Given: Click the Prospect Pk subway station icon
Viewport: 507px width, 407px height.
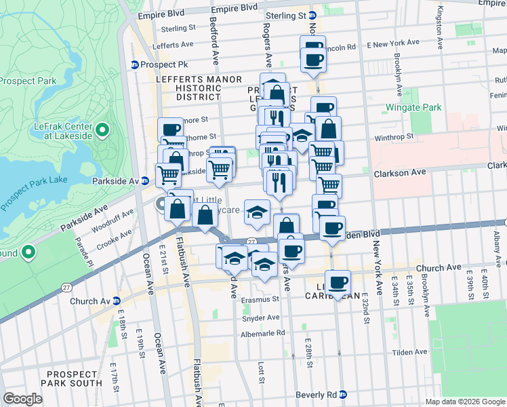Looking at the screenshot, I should coord(135,65).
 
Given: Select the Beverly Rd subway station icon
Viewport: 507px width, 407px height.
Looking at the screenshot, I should coord(343,394).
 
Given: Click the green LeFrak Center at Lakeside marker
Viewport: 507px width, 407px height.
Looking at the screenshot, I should coord(102,129).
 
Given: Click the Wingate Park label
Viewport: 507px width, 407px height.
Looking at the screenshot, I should coord(413,107).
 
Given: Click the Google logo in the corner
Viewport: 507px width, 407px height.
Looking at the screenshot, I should coord(22,399).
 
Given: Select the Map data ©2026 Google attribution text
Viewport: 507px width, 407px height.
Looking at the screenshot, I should coord(464,402).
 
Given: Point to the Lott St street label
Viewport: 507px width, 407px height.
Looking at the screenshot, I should coord(261,370).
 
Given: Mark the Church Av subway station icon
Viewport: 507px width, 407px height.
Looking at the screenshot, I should coord(116,301).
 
